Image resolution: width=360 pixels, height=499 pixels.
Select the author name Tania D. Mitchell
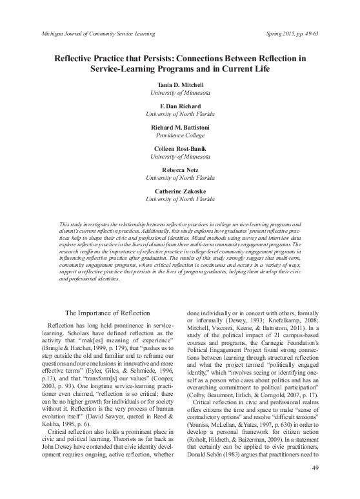(179, 85)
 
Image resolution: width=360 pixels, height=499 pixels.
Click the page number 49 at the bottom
(316, 485)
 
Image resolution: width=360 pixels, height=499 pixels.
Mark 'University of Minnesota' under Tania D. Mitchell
(179, 93)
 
